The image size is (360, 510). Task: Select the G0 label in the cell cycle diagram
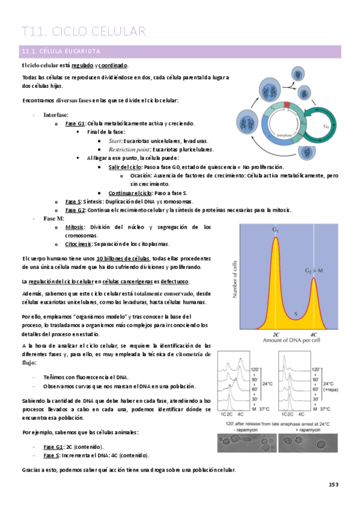325,127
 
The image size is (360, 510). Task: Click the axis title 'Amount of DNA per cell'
294,340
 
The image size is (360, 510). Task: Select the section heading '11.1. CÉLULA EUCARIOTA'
61,51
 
